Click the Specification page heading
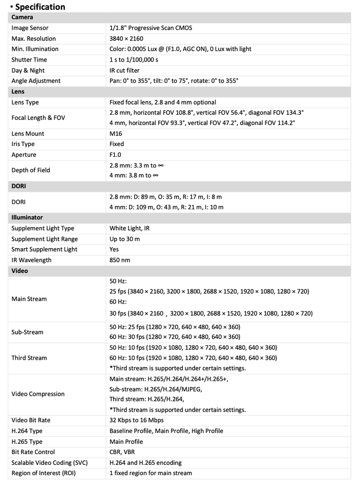coord(40,7)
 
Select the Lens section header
coord(18,91)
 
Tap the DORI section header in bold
coord(19,186)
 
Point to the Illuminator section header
coord(27,217)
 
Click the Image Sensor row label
coord(30,28)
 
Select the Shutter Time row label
coord(30,59)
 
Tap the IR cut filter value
coord(124,70)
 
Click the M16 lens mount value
coord(116,134)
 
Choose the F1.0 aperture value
coord(116,155)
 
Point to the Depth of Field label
coord(31,170)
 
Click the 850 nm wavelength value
coord(120,260)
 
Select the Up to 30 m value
coord(124,239)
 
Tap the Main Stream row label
coord(29,299)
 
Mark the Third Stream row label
coord(30,358)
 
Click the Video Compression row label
coord(38,394)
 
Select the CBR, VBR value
coord(121,452)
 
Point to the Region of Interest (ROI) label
coord(44,473)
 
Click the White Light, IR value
coord(130,228)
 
